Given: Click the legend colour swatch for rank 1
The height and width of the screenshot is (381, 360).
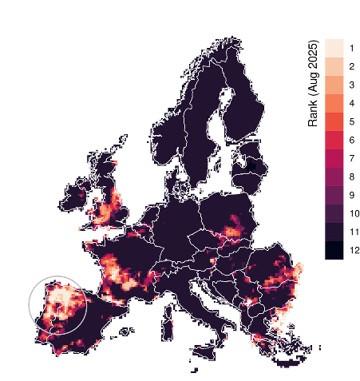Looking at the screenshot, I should click(334, 48).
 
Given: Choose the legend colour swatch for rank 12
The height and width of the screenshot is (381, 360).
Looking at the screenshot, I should click(334, 250).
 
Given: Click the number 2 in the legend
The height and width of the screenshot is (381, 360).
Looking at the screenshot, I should click(352, 67).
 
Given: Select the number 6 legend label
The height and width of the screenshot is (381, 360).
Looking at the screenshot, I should click(352, 141).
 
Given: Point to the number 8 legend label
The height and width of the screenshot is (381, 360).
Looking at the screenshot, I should click(352, 177).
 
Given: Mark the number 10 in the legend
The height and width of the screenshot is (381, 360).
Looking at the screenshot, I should click(354, 214).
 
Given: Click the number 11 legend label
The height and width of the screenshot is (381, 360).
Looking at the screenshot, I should click(354, 232).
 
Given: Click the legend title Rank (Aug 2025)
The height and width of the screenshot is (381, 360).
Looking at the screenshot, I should click(314, 83).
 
